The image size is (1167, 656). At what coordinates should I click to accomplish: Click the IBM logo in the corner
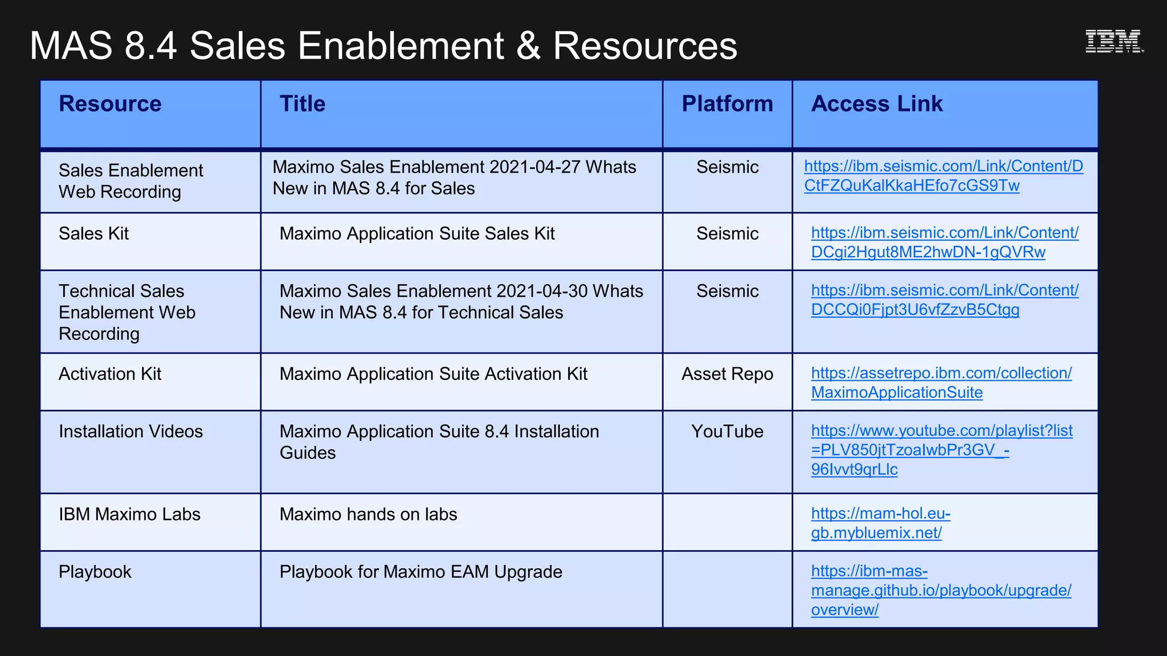point(1113,41)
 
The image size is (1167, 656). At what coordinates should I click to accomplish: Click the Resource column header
point(110,104)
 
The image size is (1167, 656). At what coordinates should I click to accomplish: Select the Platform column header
point(727,104)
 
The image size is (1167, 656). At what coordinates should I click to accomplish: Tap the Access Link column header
point(876,104)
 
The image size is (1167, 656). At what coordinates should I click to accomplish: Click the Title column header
point(302,104)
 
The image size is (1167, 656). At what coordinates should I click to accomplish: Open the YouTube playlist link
point(941,450)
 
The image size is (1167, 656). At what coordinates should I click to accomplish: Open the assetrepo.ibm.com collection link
point(941,383)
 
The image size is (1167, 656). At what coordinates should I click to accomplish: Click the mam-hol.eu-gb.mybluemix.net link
point(880,523)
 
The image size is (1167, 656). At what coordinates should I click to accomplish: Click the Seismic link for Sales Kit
point(944,242)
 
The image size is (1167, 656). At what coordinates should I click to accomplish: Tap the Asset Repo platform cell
point(727,374)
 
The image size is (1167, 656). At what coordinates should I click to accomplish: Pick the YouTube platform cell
point(727,432)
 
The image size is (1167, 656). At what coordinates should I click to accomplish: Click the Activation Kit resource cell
point(110,374)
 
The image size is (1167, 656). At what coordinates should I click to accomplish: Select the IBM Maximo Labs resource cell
point(129,514)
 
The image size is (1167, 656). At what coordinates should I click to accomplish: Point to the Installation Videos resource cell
point(130,432)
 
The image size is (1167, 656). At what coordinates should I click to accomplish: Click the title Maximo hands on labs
point(368,514)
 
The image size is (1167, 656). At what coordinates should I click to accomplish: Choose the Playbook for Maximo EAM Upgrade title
point(421,572)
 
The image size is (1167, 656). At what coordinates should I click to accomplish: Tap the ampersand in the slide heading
point(528,46)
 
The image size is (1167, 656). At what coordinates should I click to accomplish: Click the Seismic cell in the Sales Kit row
point(727,233)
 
